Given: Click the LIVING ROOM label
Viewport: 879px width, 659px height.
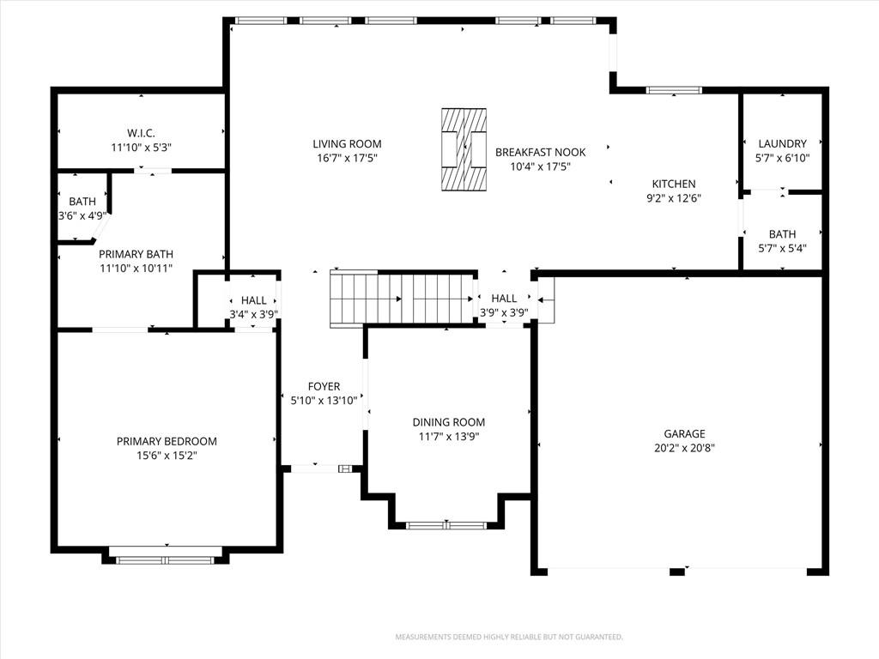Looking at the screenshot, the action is coord(347,144).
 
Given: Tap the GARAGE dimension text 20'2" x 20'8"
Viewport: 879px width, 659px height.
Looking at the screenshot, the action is coord(684,448).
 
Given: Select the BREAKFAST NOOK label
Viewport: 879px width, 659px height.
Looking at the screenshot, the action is coord(540,152).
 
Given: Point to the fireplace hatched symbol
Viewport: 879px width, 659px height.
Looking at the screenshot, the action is coord(464,149).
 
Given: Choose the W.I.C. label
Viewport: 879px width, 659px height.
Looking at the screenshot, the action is coord(141,133).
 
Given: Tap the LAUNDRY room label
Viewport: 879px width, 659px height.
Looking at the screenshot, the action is coord(782,144).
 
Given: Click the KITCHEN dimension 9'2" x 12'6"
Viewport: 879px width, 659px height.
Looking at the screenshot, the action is coord(673,198).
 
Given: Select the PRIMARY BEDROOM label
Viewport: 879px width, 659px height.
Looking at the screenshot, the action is coord(167,442).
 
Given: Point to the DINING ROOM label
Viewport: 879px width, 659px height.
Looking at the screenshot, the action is coord(448,422).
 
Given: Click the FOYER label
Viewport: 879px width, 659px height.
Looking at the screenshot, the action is coord(324,387).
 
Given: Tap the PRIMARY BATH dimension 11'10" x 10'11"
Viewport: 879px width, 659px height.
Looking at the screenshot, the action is coord(136,269).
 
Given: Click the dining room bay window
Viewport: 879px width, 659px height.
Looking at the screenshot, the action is coord(446,526).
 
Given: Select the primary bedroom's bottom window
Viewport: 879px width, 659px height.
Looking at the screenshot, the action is coord(166,559).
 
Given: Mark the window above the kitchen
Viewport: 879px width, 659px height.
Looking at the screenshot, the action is coord(673,90).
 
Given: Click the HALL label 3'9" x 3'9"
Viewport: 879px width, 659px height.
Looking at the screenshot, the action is coord(504,305).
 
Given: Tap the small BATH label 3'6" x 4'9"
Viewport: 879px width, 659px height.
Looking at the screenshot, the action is coord(82,208).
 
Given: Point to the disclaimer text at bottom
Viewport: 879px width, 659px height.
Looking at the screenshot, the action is coord(509,638).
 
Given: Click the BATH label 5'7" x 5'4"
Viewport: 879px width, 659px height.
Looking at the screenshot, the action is coord(782,241).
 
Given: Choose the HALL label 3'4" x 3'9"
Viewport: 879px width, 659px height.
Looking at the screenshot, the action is coord(253,307).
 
